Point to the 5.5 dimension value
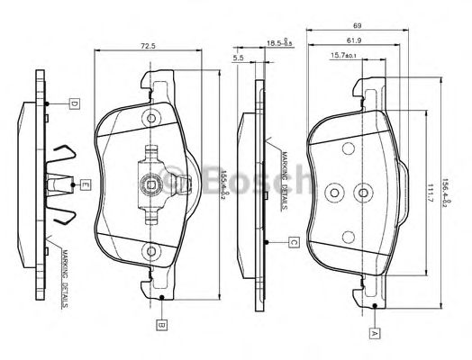pos(239,58)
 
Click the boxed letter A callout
pos(374,332)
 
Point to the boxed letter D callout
pos(74,103)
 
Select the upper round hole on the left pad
pos(151,117)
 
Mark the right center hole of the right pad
pos(363,191)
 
